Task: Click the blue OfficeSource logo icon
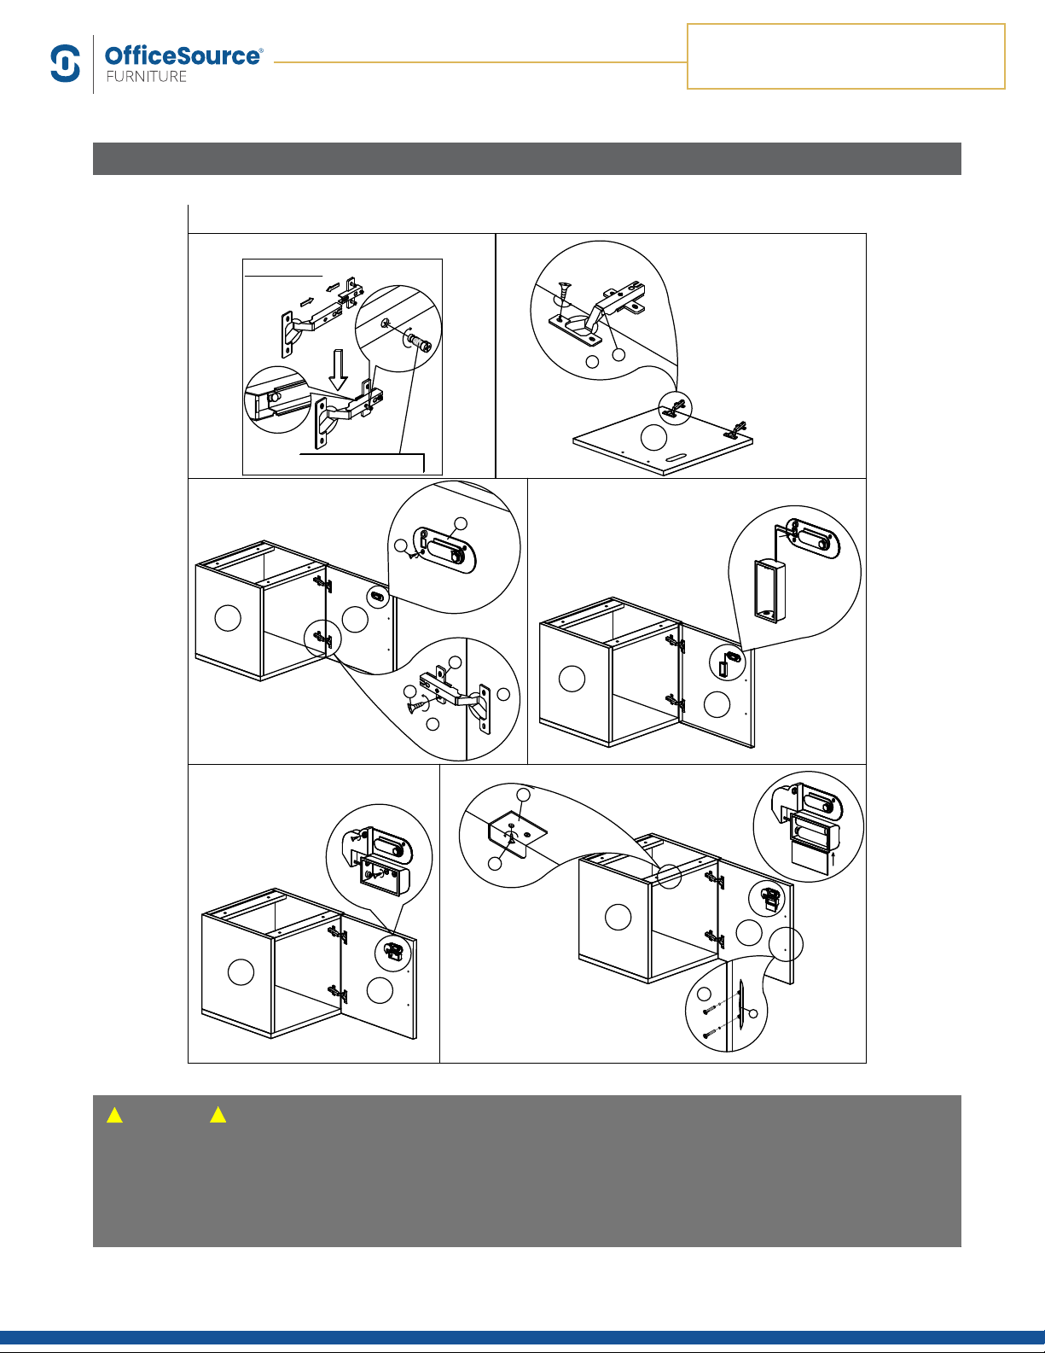pyautogui.click(x=66, y=63)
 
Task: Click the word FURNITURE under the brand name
pyautogui.click(x=146, y=77)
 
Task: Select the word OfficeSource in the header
pyautogui.click(x=183, y=55)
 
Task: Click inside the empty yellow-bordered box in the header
pyautogui.click(x=846, y=56)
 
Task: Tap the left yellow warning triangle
pyautogui.click(x=114, y=1115)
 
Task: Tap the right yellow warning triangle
pyautogui.click(x=218, y=1115)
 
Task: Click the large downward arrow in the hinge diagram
pyautogui.click(x=339, y=370)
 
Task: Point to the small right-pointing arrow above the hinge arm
pyautogui.click(x=307, y=302)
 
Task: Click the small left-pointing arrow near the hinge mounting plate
pyautogui.click(x=334, y=287)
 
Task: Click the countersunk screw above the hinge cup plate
pyautogui.click(x=564, y=294)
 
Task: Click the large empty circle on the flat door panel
pyautogui.click(x=653, y=438)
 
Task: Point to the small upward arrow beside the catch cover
pyautogui.click(x=833, y=860)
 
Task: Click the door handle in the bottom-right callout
pyautogui.click(x=740, y=1000)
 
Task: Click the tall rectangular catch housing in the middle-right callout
pyautogui.click(x=770, y=591)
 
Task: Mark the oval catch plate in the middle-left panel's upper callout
pyautogui.click(x=444, y=550)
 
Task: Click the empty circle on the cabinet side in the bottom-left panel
pyautogui.click(x=241, y=972)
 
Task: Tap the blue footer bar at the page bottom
pyautogui.click(x=522, y=1338)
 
